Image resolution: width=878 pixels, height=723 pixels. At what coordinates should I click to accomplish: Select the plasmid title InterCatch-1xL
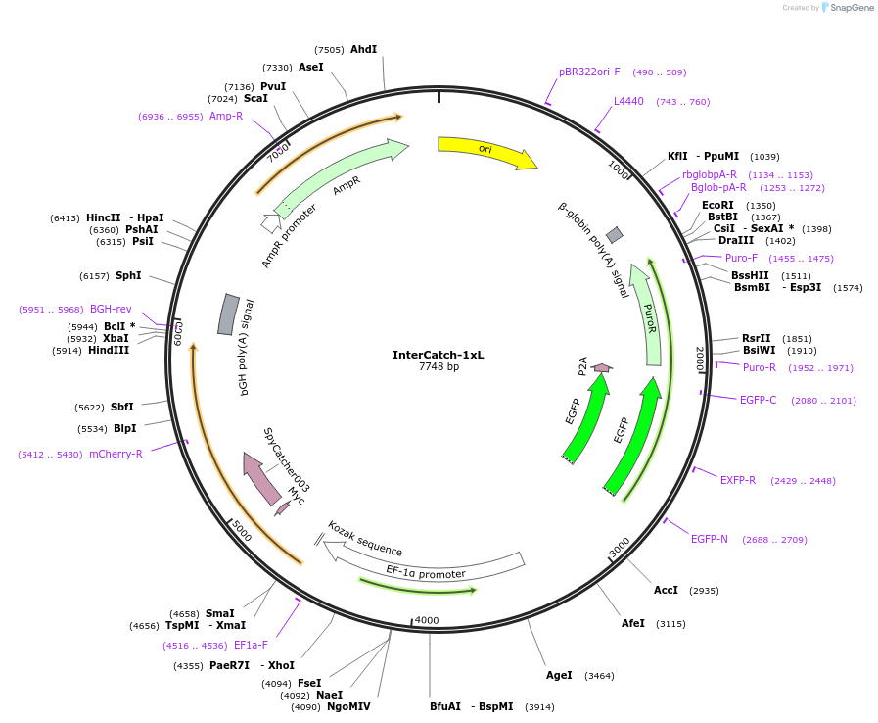pyautogui.click(x=438, y=355)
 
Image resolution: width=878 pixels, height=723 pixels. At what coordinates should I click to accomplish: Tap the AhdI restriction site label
pyautogui.click(x=363, y=49)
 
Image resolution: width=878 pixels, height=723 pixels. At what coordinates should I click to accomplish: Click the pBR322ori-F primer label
pyautogui.click(x=589, y=72)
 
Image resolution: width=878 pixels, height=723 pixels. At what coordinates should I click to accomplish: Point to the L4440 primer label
pyautogui.click(x=628, y=101)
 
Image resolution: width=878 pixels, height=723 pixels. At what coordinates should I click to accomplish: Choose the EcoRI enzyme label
pyautogui.click(x=717, y=205)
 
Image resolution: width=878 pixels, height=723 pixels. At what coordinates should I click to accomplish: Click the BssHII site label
pyautogui.click(x=750, y=275)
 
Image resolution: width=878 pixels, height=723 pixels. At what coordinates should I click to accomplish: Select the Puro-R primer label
pyautogui.click(x=760, y=367)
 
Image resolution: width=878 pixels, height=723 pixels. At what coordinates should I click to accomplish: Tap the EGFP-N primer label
pyautogui.click(x=710, y=539)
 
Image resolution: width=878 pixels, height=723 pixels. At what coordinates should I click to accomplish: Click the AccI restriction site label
pyautogui.click(x=666, y=590)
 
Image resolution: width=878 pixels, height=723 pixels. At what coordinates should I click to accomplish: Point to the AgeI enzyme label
pyautogui.click(x=559, y=675)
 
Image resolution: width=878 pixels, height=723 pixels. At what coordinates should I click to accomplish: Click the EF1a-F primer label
pyautogui.click(x=251, y=645)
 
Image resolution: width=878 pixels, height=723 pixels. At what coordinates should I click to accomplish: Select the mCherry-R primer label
pyautogui.click(x=116, y=454)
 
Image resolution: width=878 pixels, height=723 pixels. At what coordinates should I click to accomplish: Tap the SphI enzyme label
pyautogui.click(x=128, y=275)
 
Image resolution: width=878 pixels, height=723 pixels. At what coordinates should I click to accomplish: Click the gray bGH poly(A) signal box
pyautogui.click(x=227, y=314)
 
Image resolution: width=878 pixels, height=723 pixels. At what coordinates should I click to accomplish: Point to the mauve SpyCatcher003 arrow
pyautogui.click(x=261, y=478)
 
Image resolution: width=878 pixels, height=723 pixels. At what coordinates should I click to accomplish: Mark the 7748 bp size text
pyautogui.click(x=438, y=367)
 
